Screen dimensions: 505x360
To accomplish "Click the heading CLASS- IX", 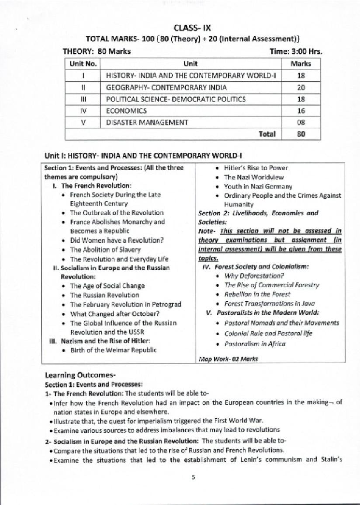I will pyautogui.click(x=192, y=28).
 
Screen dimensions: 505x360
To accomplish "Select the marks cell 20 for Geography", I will pyautogui.click(x=301, y=87).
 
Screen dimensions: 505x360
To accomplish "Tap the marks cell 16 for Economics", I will pyautogui.click(x=301, y=111).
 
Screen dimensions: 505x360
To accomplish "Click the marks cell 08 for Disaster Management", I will pyautogui.click(x=301, y=123).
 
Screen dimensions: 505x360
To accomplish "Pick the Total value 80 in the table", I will pyautogui.click(x=301, y=134).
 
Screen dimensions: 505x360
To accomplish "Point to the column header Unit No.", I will pyautogui.click(x=83, y=64).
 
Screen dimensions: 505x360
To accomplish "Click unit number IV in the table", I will pyautogui.click(x=83, y=111).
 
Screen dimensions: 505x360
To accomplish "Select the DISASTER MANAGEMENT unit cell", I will pyautogui.click(x=147, y=123).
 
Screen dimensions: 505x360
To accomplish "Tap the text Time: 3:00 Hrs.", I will pyautogui.click(x=296, y=52).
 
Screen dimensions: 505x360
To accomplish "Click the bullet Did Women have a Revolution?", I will pyautogui.click(x=117, y=240).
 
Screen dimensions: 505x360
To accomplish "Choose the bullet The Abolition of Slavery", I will pyautogui.click(x=105, y=250).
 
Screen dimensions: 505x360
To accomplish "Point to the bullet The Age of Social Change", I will pyautogui.click(x=107, y=286).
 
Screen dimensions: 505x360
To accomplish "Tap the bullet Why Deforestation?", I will pyautogui.click(x=254, y=276).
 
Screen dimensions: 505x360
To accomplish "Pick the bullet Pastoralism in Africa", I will pyautogui.click(x=255, y=344).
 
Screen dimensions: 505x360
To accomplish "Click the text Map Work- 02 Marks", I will pyautogui.click(x=228, y=359).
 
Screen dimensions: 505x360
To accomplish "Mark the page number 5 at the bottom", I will pyautogui.click(x=193, y=477).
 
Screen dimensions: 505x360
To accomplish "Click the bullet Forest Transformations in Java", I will pyautogui.click(x=270, y=303).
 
